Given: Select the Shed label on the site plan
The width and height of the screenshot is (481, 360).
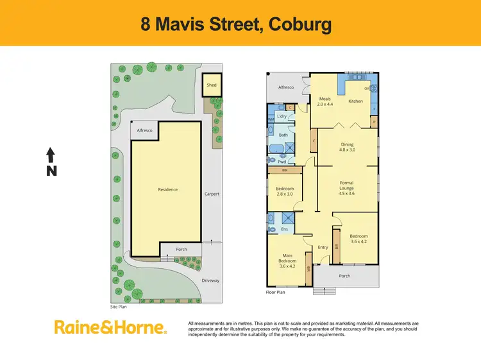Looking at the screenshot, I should coord(211,85).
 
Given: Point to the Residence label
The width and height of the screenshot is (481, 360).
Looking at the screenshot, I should coord(167,189).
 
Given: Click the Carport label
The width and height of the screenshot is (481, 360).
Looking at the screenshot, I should coord(212,193).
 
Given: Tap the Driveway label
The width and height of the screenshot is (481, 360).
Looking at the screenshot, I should coord(211,280).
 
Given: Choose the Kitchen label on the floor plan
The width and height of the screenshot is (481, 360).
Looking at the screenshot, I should coord(355,101).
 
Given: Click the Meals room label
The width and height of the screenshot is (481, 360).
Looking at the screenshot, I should coord(325,99).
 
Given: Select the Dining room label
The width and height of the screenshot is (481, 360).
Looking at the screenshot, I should coord(347,144).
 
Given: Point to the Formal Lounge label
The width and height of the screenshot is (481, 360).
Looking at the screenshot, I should coord(346,186).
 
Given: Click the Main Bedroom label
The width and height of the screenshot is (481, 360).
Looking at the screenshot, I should coord(287,259).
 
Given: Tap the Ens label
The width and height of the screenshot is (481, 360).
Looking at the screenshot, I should coord(284,229).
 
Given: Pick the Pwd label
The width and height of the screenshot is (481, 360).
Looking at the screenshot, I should coord(282,162).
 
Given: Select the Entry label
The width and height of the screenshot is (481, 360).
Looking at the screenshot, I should coord(323,247).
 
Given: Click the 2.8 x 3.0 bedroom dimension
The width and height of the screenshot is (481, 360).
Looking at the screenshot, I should coord(283,194).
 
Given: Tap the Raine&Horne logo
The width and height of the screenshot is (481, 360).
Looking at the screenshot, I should coord(110,327).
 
